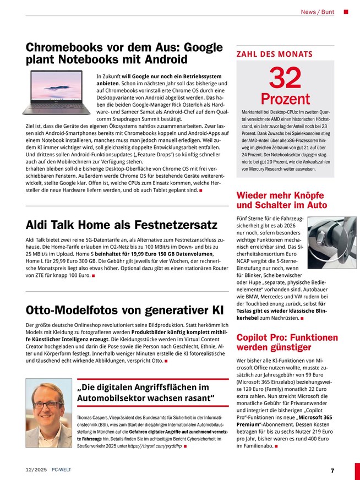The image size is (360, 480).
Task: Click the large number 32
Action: tap(285, 79)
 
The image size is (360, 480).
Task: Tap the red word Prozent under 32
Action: tap(285, 100)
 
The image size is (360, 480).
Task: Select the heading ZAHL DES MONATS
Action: tap(274, 54)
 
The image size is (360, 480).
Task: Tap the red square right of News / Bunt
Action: tap(346, 12)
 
